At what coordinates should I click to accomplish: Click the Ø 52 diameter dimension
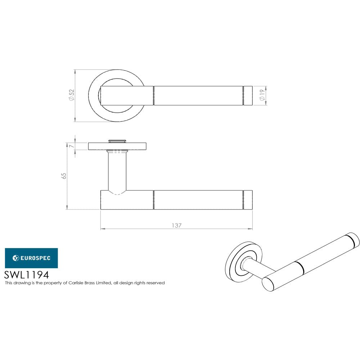(x=72, y=95)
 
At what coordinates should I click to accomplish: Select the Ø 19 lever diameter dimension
(x=262, y=95)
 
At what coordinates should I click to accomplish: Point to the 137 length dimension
(x=176, y=225)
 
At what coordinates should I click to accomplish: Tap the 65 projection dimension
(x=64, y=176)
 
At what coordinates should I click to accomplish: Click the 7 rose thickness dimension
(x=72, y=146)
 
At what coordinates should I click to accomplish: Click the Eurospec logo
(x=31, y=258)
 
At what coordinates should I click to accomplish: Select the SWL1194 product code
(x=26, y=275)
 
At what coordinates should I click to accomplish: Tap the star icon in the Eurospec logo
(x=16, y=258)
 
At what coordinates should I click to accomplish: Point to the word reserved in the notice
(x=155, y=283)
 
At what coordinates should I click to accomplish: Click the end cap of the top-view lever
(x=248, y=95)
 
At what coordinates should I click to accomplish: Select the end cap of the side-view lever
(x=248, y=200)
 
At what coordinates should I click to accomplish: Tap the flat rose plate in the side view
(x=117, y=146)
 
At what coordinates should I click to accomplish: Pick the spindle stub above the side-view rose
(x=117, y=140)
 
